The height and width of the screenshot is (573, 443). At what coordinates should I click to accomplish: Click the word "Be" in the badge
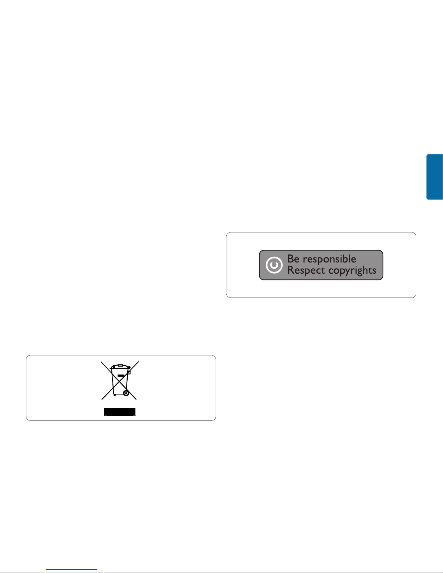[293, 259]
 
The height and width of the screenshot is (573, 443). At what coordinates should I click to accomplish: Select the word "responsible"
[329, 260]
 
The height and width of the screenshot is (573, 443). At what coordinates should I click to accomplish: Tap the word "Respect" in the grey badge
[306, 270]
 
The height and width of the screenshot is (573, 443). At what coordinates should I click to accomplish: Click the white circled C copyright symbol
[274, 265]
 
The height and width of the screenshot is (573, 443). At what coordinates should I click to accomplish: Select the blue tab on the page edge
[435, 177]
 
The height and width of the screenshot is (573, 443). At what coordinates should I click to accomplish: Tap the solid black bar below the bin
[120, 412]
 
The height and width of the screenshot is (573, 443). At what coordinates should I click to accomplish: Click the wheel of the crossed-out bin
[126, 393]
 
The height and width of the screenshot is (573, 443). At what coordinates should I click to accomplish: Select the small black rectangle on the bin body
[121, 376]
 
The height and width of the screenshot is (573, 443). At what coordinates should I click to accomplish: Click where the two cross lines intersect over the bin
[120, 381]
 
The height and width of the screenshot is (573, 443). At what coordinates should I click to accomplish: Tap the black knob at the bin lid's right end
[129, 367]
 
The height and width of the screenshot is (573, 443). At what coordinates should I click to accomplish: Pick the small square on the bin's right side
[129, 372]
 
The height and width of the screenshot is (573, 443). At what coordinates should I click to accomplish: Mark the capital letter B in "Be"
[291, 259]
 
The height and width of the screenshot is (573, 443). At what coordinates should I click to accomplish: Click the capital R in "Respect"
[291, 270]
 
